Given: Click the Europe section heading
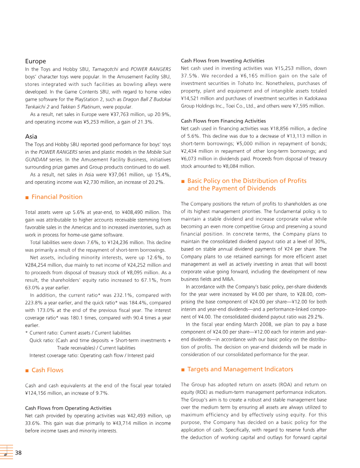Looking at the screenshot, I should (x=36, y=61).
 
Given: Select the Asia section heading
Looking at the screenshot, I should (x=31, y=136).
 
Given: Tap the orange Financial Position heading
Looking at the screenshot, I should (x=57, y=197).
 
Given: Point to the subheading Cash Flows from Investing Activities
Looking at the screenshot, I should (x=222, y=61).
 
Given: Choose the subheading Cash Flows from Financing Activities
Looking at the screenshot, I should (x=223, y=121).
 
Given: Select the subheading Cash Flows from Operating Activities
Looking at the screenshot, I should (x=68, y=408).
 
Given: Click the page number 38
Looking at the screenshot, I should (x=19, y=452).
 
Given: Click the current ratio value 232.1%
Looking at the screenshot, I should (x=121, y=295).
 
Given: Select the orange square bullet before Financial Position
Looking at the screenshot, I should (x=27, y=197).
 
